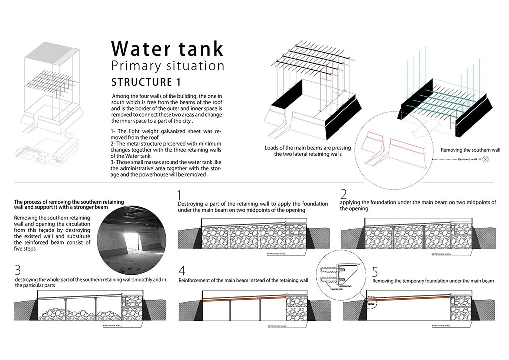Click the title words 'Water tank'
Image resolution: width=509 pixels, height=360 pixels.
click(x=167, y=48)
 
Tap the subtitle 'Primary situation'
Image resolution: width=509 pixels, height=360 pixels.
click(x=168, y=66)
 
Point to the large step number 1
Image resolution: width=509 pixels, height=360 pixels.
click(x=181, y=196)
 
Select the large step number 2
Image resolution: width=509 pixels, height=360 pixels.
click(x=343, y=195)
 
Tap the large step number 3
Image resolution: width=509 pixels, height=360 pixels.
click(x=18, y=270)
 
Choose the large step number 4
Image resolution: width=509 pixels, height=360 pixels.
click(x=182, y=271)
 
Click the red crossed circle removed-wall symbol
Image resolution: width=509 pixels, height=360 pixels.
click(x=485, y=161)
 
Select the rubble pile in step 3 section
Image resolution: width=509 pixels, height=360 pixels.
click(x=80, y=313)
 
